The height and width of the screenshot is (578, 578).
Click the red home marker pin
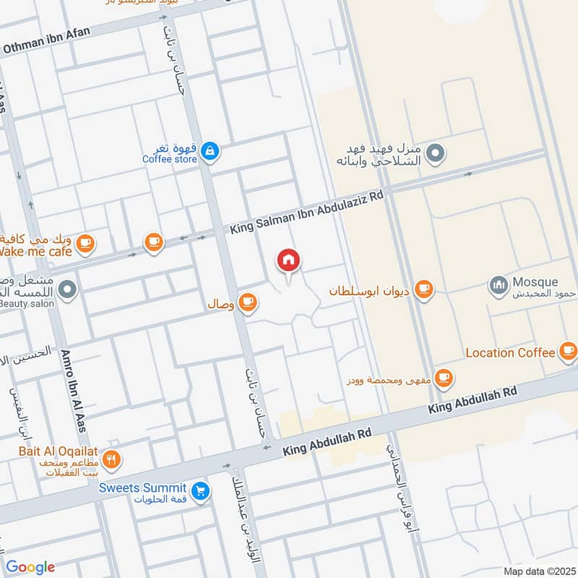[x=289, y=262]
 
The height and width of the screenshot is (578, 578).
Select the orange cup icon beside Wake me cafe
[x=86, y=243]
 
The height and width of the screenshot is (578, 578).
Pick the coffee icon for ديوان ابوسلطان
[x=425, y=290]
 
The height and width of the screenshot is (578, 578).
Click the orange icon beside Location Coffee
[x=568, y=352]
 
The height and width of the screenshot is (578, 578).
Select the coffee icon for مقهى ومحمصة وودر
[x=443, y=377]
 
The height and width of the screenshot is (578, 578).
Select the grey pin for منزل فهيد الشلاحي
[x=435, y=153]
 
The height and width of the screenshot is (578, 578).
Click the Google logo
[x=30, y=566]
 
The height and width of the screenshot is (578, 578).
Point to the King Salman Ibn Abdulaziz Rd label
[x=307, y=214]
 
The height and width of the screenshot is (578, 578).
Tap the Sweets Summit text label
[x=144, y=488]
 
